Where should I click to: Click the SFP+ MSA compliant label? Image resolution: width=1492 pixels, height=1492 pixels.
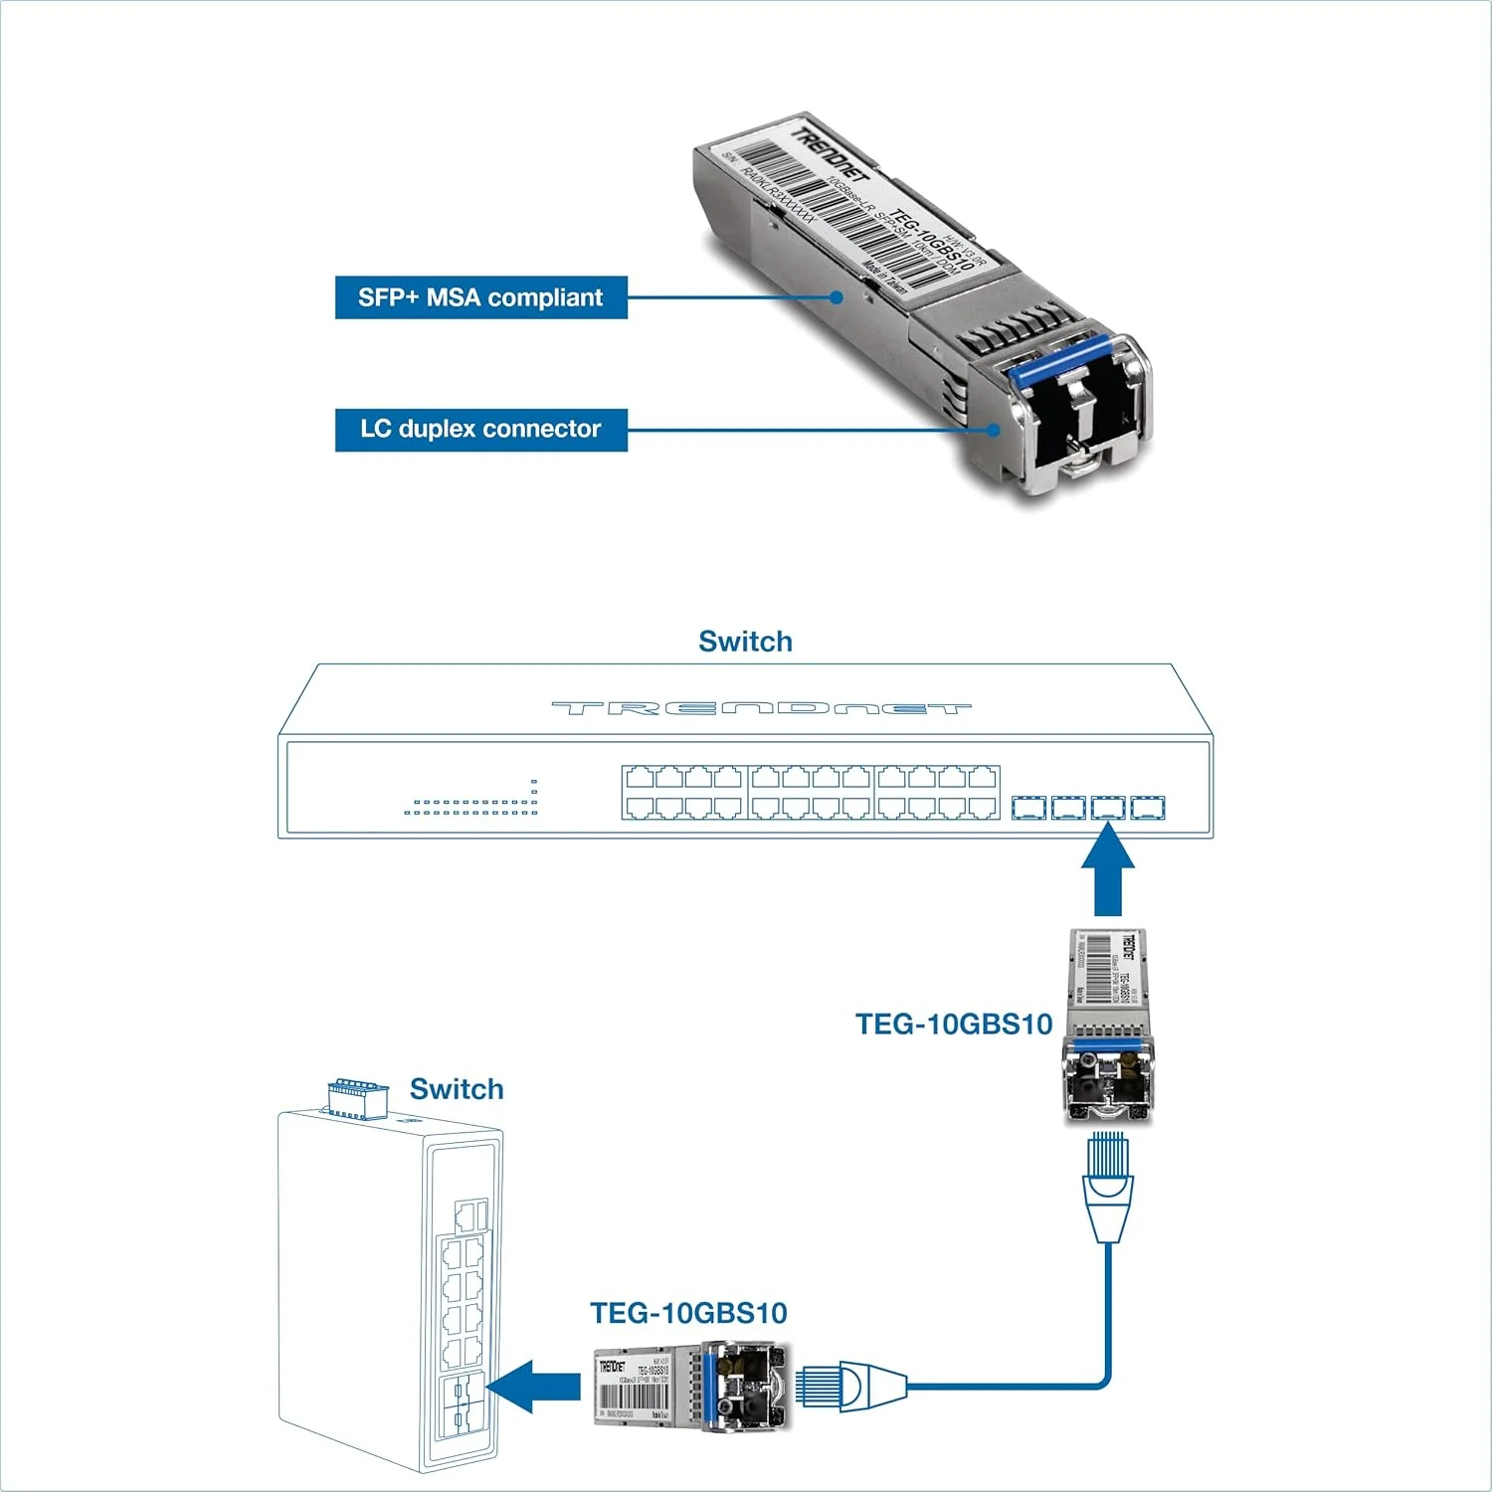pos(480,297)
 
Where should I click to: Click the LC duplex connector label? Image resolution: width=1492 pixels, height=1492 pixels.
pos(480,430)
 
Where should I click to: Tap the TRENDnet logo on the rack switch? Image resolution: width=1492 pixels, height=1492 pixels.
pos(761,708)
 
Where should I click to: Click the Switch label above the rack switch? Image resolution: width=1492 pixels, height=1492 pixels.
pos(745,642)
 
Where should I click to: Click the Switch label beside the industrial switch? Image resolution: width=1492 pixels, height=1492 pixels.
pos(457,1089)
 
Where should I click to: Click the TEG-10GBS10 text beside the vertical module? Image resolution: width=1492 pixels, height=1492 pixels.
pos(954,1025)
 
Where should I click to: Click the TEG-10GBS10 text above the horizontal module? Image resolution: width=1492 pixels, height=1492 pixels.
pos(688,1313)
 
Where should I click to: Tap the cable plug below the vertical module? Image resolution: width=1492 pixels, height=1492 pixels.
pos(1108,1184)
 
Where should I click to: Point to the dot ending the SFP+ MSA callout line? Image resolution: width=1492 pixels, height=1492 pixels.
pos(839,296)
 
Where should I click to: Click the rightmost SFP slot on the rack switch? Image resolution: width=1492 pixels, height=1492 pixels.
pos(1147,807)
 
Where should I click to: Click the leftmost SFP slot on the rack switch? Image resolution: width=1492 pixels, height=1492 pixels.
pos(1028,807)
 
